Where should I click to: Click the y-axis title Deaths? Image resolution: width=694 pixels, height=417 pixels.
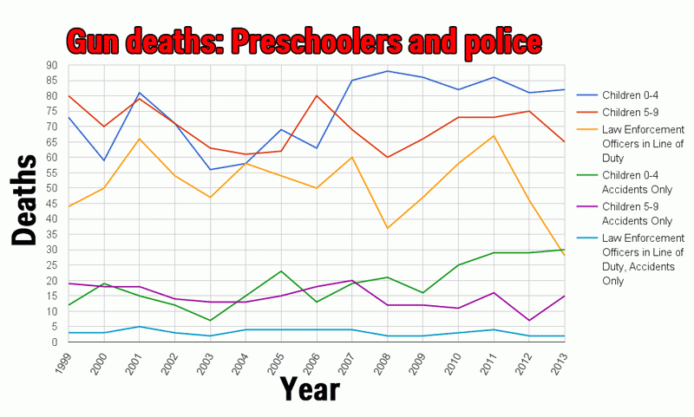pos(25,201)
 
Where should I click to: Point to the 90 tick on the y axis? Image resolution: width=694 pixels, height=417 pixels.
pos(52,65)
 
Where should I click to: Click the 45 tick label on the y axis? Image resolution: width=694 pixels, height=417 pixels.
pos(52,204)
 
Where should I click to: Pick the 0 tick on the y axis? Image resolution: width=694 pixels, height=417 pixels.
pos(56,342)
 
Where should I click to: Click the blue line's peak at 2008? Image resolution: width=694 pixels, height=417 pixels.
pos(386,71)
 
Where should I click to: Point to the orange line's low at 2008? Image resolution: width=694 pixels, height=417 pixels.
pos(386,228)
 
